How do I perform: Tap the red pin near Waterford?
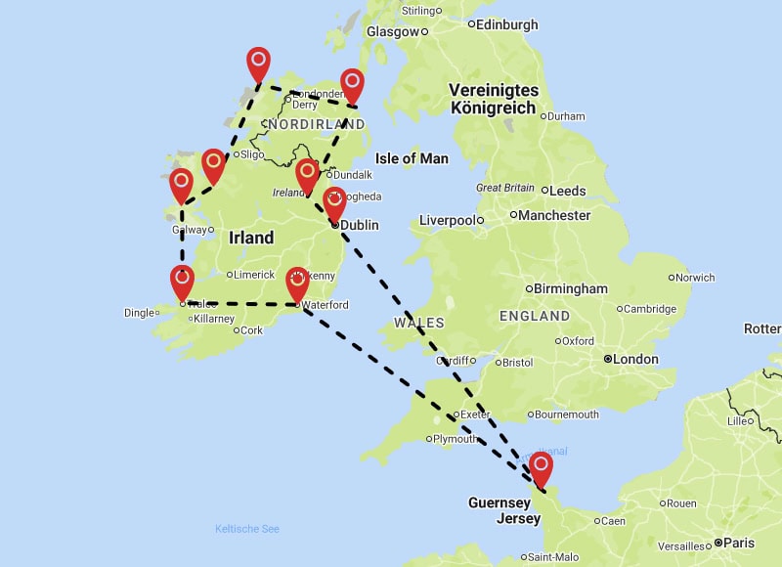(297, 283)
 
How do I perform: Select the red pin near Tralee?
(182, 282)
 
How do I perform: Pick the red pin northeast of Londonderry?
(352, 85)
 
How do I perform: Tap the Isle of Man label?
(412, 158)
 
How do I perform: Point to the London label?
(635, 359)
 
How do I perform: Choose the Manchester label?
(554, 215)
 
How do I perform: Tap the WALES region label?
(419, 323)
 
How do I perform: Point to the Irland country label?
(251, 239)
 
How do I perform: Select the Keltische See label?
(247, 529)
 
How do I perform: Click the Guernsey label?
(500, 502)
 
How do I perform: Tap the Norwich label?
(695, 278)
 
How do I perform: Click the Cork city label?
(251, 330)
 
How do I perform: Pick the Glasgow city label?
(392, 31)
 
